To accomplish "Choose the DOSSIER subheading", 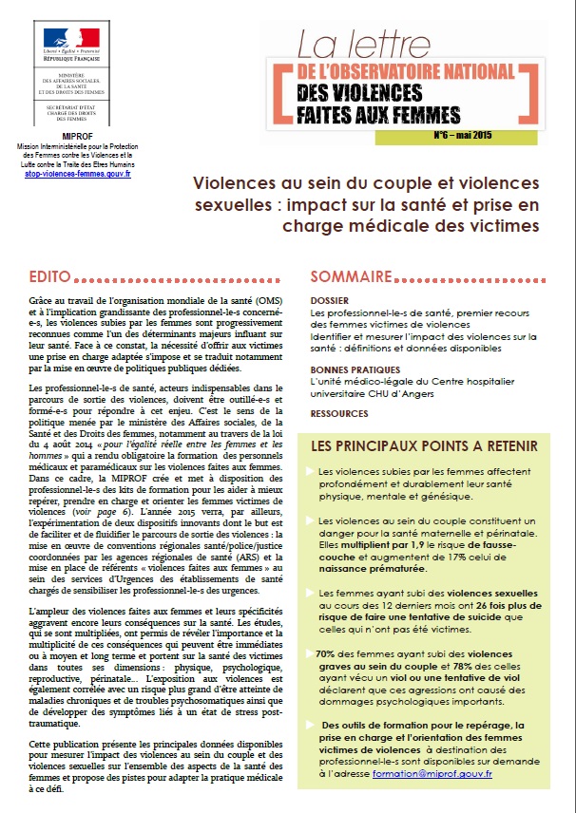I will pyautogui.click(x=331, y=300).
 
